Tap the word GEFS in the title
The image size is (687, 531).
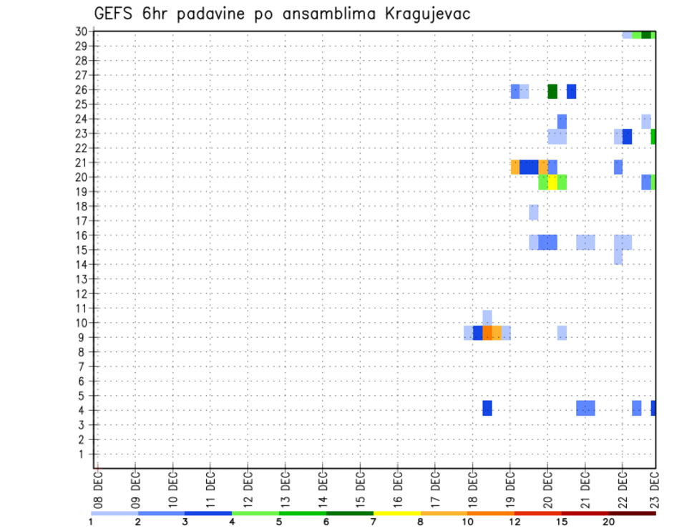pyautogui.click(x=114, y=14)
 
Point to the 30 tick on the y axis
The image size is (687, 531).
pyautogui.click(x=82, y=31)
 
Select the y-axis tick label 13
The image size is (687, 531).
pyautogui.click(x=82, y=279)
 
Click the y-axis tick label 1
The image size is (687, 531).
pyautogui.click(x=85, y=454)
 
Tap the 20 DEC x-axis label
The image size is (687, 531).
pyautogui.click(x=547, y=489)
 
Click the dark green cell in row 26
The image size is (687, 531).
pyautogui.click(x=552, y=91)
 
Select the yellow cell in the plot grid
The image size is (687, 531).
pyautogui.click(x=552, y=182)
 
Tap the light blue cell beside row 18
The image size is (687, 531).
pyautogui.click(x=534, y=212)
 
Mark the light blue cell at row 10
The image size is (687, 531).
pyautogui.click(x=487, y=316)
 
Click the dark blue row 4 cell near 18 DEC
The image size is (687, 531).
pyautogui.click(x=487, y=408)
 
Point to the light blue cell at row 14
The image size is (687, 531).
pyautogui.click(x=618, y=258)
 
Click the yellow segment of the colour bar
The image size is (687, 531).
pyautogui.click(x=396, y=513)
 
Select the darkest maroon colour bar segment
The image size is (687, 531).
pyautogui.click(x=632, y=513)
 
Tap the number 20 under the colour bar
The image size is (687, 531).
pyautogui.click(x=608, y=522)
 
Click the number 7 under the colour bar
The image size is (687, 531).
pyautogui.click(x=373, y=522)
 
